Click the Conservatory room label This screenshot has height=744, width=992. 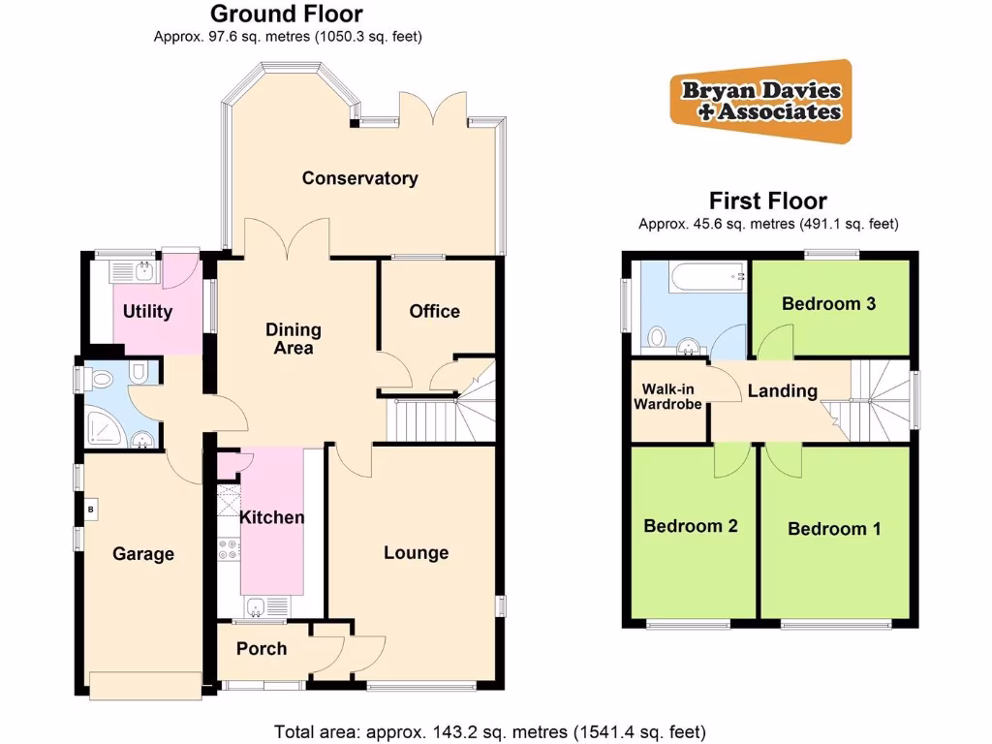(359, 178)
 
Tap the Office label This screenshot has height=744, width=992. (434, 311)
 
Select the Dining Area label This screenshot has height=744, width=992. (294, 339)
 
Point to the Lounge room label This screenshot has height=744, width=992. (416, 553)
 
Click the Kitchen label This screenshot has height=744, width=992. (272, 517)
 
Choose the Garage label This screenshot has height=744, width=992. (143, 554)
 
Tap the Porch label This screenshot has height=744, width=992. (262, 648)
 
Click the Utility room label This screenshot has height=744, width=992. (147, 311)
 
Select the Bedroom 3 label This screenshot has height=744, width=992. (829, 304)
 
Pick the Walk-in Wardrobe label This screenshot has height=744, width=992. (667, 397)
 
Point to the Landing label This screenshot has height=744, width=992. (782, 391)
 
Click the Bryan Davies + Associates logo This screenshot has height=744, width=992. (761, 101)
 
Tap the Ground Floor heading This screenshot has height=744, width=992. (287, 14)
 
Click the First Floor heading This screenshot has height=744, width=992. (768, 201)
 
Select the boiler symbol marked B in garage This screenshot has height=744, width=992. (91, 508)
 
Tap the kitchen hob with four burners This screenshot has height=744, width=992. (230, 551)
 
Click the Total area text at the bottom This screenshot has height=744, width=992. (489, 731)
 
